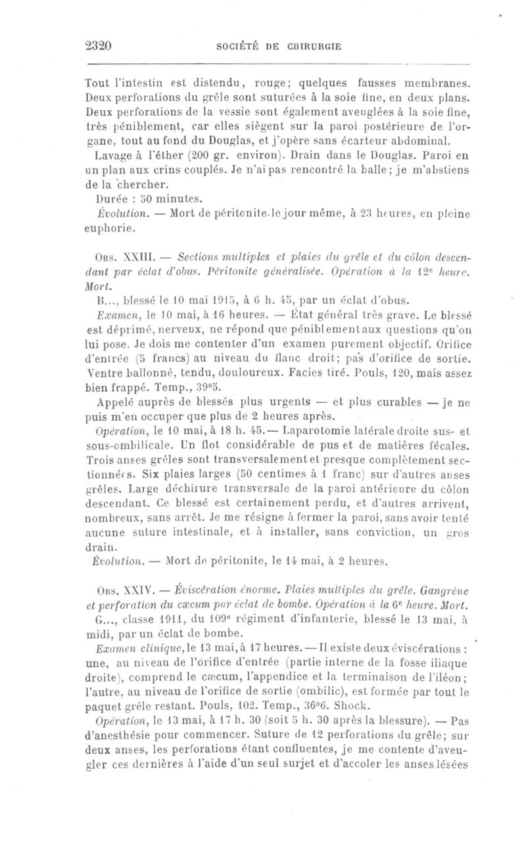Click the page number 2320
pyautogui.click(x=101, y=46)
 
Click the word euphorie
pyautogui.click(x=109, y=229)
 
